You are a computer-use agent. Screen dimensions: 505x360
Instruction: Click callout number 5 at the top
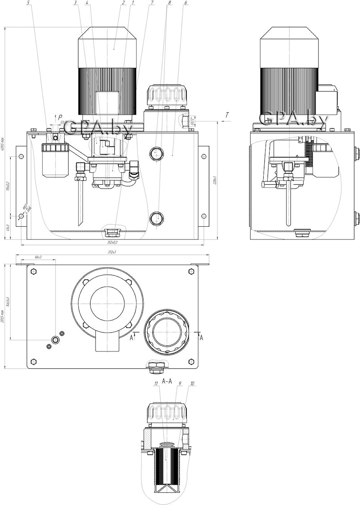(28, 3)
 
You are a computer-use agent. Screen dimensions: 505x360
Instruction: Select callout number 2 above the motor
(124, 3)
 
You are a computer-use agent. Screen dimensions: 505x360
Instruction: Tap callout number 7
(152, 3)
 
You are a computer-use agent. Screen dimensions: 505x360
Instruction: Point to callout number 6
(185, 3)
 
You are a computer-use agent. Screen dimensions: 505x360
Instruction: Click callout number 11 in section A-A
(156, 383)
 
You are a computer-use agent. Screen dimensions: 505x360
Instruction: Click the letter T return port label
(227, 115)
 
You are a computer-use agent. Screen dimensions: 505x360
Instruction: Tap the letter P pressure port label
(60, 117)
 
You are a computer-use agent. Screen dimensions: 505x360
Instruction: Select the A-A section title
(167, 381)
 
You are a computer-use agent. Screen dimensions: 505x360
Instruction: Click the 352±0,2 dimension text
(112, 242)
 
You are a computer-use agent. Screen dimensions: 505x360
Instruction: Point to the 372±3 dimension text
(112, 252)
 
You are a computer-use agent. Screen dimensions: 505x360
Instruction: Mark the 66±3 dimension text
(38, 257)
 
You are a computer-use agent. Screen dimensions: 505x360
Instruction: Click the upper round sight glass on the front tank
(156, 152)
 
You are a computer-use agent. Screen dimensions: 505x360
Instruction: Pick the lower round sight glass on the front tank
(156, 218)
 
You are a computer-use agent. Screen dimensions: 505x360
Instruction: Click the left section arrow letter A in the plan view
(131, 338)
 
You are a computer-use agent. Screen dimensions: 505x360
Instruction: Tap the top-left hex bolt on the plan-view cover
(34, 271)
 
